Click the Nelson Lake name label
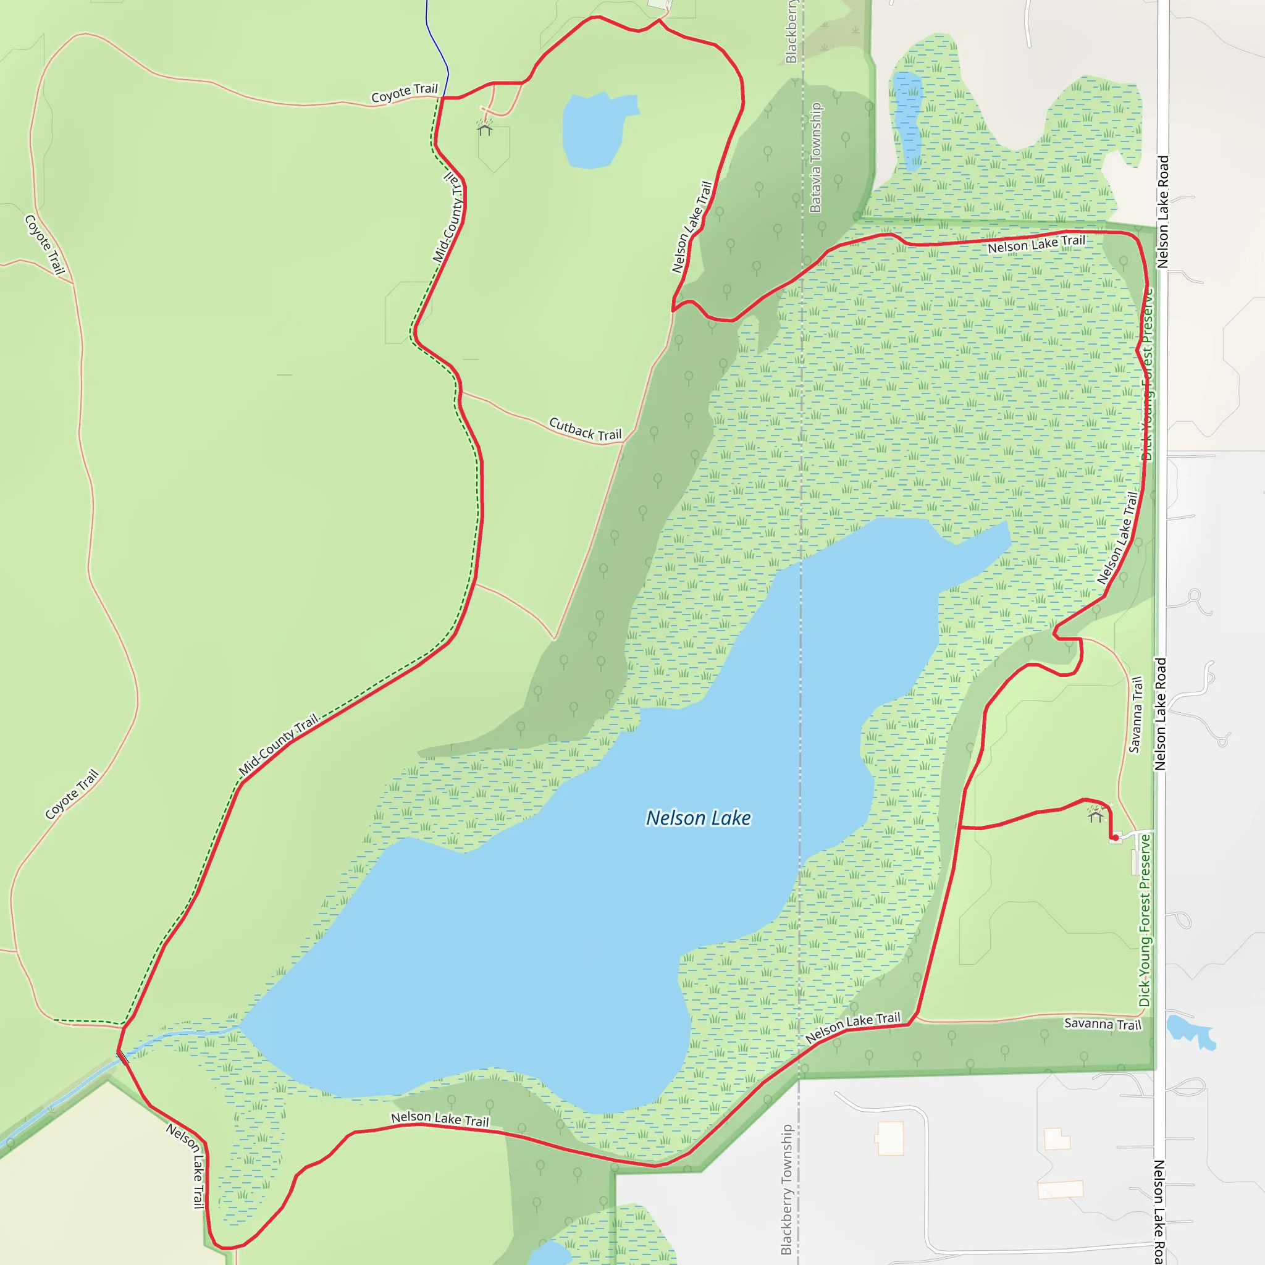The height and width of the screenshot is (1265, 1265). (x=698, y=818)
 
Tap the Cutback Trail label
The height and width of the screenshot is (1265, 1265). (x=585, y=429)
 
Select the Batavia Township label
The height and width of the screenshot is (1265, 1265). (x=815, y=157)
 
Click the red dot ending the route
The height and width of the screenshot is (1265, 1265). (x=1115, y=838)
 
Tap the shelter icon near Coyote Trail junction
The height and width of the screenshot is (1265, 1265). (x=484, y=129)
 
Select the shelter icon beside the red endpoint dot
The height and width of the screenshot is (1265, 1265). (x=1095, y=815)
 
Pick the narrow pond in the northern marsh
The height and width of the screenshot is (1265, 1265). (x=907, y=118)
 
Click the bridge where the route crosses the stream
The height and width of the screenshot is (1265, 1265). (x=122, y=1057)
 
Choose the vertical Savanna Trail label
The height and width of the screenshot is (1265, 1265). (x=1135, y=715)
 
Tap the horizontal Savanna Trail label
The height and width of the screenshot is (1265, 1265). (x=1102, y=1023)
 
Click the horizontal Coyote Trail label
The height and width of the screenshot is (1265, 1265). (x=404, y=93)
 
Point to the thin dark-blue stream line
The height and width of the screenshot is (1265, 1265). (x=437, y=46)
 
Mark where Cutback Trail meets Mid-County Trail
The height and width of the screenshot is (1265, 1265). (x=461, y=392)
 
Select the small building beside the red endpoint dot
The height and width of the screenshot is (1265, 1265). (x=1116, y=839)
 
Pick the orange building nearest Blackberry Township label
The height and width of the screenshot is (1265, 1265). (x=890, y=1137)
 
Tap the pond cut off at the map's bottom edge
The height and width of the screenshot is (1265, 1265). (x=550, y=1254)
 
